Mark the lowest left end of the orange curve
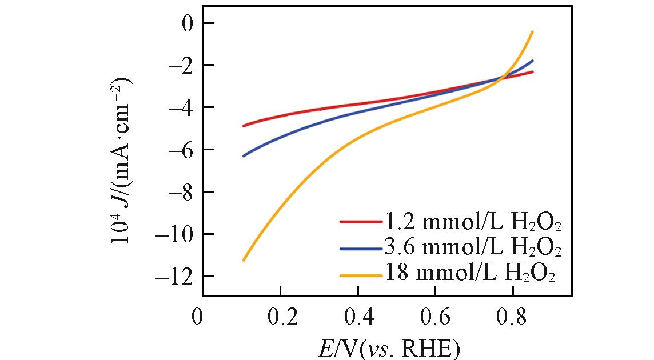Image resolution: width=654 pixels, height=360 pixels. tap(244, 260)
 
